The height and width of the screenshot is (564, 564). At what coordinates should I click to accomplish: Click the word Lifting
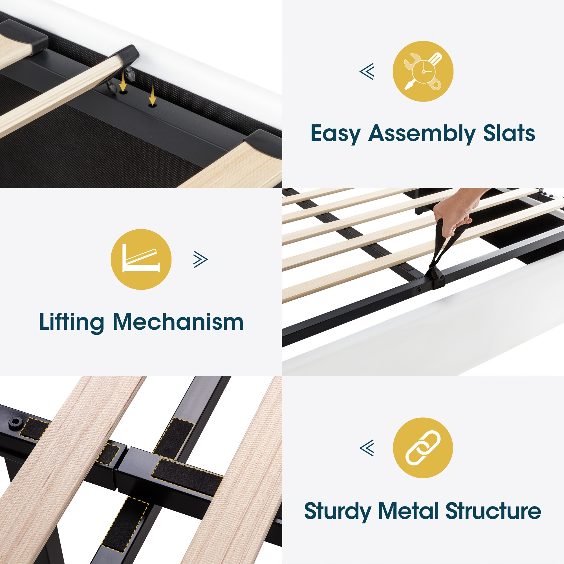pyautogui.click(x=72, y=322)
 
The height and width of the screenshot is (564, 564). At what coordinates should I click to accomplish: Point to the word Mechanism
pyautogui.click(x=178, y=322)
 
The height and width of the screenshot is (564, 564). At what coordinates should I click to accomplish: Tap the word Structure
pyautogui.click(x=493, y=511)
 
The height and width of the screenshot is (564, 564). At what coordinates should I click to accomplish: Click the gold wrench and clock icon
pyautogui.click(x=423, y=71)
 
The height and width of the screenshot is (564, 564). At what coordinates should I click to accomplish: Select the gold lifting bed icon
pyautogui.click(x=141, y=259)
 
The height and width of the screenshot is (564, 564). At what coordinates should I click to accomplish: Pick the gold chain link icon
pyautogui.click(x=423, y=448)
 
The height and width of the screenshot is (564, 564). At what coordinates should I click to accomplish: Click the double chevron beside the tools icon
pyautogui.click(x=367, y=71)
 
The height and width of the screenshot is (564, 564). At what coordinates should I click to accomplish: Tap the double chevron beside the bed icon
pyautogui.click(x=201, y=259)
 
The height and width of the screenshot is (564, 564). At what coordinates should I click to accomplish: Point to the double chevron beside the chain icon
pyautogui.click(x=367, y=448)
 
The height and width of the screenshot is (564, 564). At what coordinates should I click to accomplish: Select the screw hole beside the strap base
pyautogui.click(x=419, y=290)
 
